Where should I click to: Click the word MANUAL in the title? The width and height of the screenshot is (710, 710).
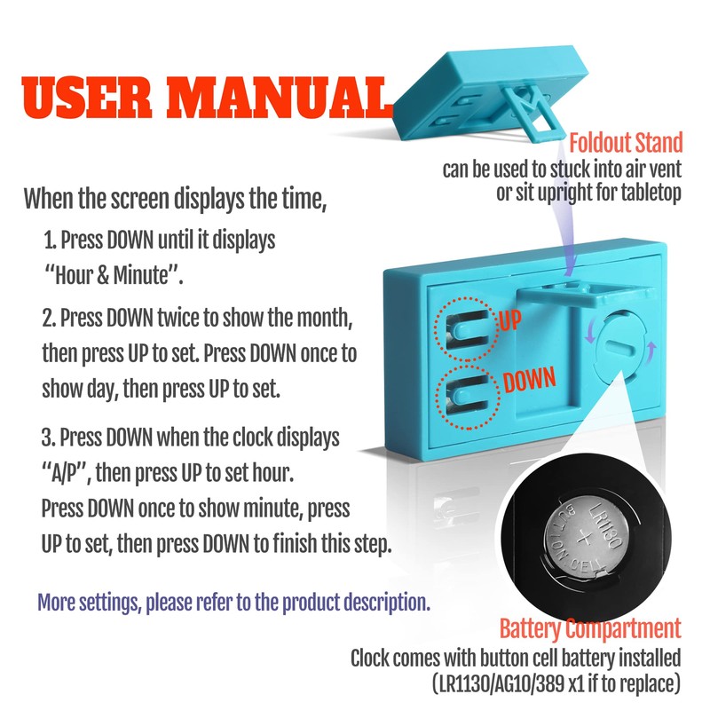point(278,98)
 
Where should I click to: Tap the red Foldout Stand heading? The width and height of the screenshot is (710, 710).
point(626,143)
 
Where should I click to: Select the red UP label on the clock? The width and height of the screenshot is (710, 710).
point(510,320)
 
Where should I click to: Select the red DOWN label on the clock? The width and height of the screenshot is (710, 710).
point(529,380)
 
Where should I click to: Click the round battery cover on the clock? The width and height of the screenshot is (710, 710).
point(619,347)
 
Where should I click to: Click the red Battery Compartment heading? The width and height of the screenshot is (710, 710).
point(590,629)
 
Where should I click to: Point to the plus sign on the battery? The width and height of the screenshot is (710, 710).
point(584,539)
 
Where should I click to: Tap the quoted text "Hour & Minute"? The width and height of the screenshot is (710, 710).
point(114,275)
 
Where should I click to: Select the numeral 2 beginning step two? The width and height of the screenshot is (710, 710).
point(48,319)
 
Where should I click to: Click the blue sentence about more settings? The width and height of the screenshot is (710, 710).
point(233,603)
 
